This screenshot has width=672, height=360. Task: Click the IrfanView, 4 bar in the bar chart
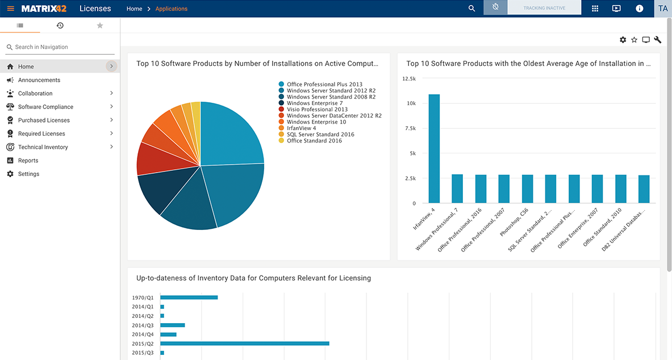coord(434,149)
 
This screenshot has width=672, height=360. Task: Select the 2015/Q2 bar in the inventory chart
coord(244,344)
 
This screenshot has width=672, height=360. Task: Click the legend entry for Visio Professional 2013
coord(317,110)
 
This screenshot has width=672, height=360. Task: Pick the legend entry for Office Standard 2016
coord(314,141)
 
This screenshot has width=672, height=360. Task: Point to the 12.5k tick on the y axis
coord(409,79)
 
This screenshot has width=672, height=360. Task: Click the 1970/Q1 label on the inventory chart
coord(143,298)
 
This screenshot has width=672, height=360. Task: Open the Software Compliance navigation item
coord(45,107)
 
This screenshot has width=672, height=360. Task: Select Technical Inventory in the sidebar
coord(43,147)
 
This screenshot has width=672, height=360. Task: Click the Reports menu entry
coord(28,161)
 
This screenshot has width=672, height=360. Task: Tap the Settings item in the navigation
coord(28,174)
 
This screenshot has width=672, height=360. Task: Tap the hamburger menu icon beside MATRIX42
coord(10,9)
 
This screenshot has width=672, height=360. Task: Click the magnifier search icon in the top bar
coord(471,9)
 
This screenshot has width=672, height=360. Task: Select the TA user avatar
coord(663,9)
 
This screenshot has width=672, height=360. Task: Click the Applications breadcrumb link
coord(171,9)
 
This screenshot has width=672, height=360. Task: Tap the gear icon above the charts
coord(623,40)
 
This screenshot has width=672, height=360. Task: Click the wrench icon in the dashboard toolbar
coord(658,40)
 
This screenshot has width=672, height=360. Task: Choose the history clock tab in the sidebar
coord(60,26)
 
